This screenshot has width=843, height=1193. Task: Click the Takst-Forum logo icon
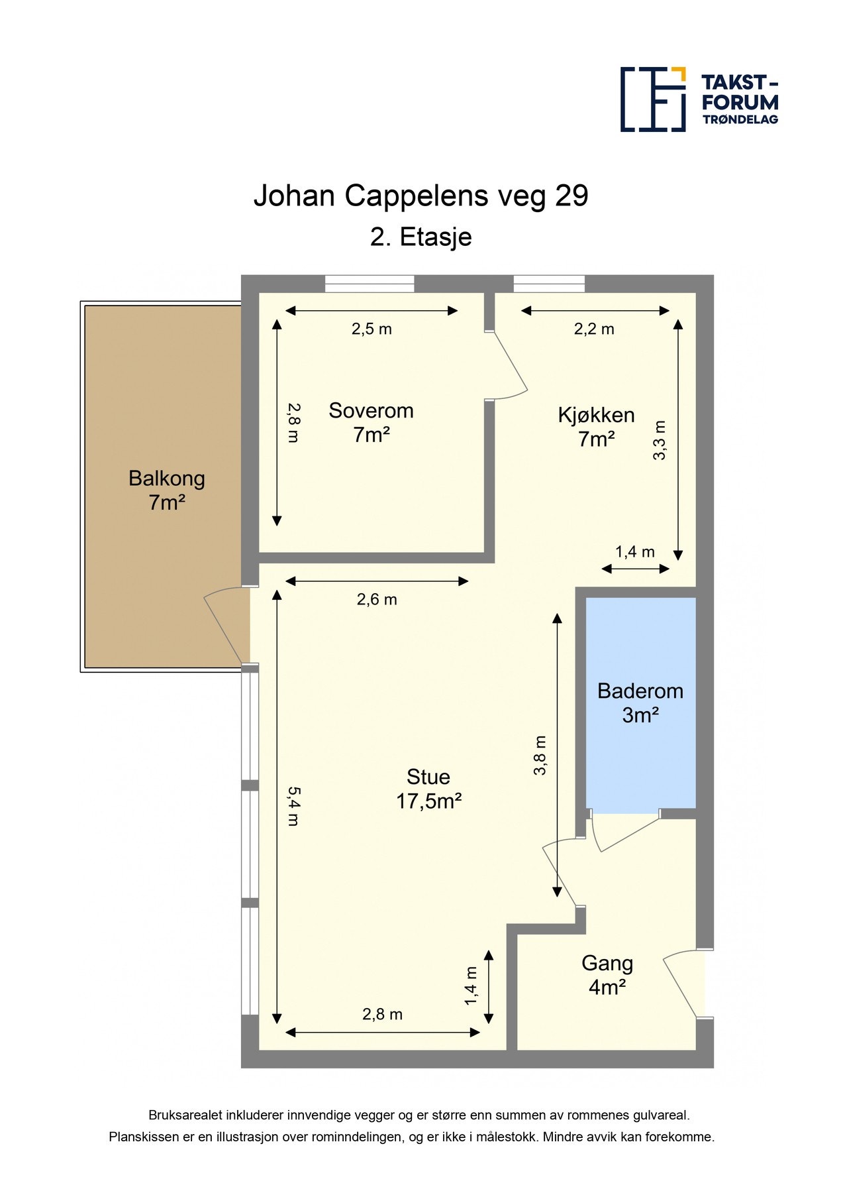click(653, 99)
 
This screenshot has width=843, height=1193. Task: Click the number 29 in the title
click(571, 196)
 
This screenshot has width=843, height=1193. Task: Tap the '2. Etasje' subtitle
click(421, 237)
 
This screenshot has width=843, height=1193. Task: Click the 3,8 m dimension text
click(540, 755)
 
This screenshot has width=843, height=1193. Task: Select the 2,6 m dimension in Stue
click(377, 600)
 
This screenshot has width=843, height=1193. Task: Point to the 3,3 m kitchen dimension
click(660, 440)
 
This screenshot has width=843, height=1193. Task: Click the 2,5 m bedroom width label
click(372, 329)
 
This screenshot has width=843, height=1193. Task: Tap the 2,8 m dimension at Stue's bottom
click(382, 1015)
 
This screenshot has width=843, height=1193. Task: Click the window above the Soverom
click(370, 284)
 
